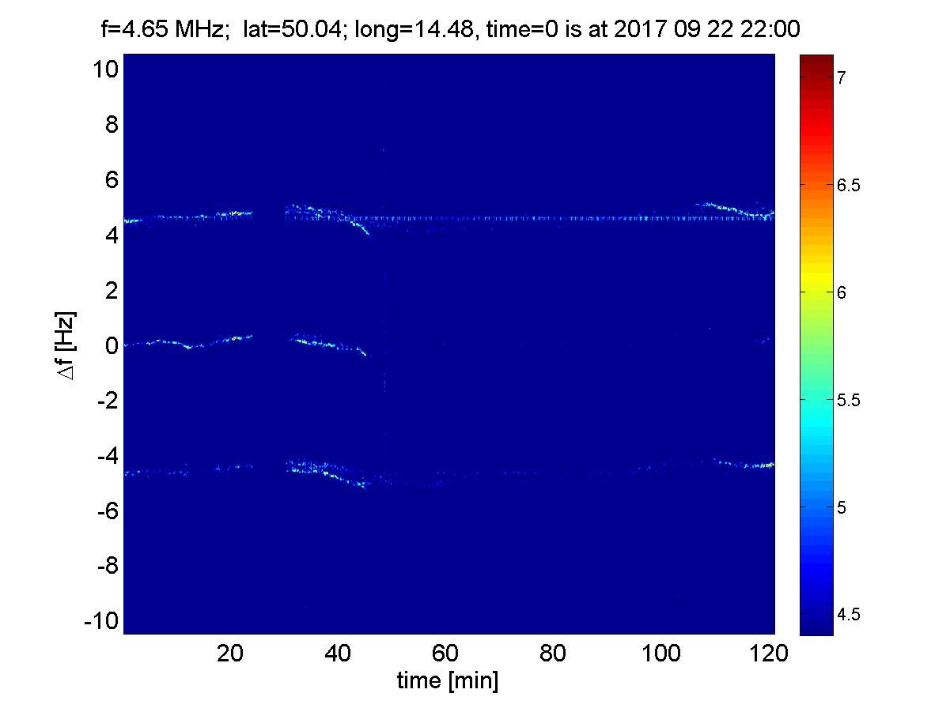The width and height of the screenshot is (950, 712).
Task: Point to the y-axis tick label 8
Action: [110, 125]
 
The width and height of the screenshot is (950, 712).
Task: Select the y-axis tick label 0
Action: [110, 345]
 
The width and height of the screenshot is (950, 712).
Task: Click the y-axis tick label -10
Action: [101, 621]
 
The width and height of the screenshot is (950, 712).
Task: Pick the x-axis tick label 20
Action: [230, 654]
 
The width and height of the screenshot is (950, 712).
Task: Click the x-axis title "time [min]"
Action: [448, 681]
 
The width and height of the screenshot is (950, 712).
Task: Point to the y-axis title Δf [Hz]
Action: [68, 345]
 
